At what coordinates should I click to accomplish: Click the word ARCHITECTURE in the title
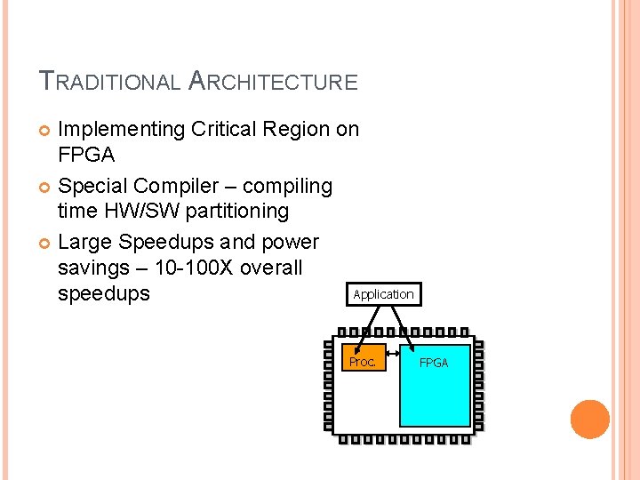click(x=274, y=83)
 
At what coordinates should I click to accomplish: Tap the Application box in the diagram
click(x=383, y=294)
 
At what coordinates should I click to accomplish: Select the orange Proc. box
click(x=363, y=361)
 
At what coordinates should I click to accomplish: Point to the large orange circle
click(x=590, y=420)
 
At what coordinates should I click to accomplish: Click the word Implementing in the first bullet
click(x=121, y=130)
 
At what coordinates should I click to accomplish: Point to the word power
click(x=289, y=243)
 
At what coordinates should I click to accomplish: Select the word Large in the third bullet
click(x=84, y=243)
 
